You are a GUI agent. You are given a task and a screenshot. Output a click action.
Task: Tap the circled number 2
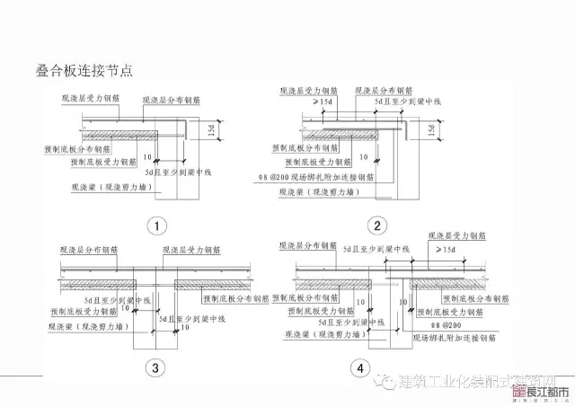tap(376, 226)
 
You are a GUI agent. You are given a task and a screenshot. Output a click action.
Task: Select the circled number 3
tap(155, 367)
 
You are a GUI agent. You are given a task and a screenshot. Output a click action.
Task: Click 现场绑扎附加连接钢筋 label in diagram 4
tap(454, 339)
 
